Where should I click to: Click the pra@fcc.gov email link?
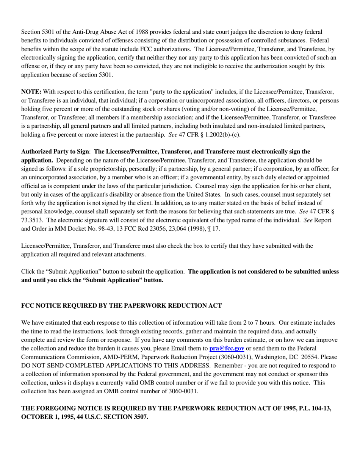(x=227, y=348)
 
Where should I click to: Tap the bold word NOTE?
(x=31, y=92)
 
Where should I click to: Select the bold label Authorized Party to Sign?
(x=55, y=152)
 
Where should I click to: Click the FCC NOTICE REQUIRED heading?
(x=121, y=305)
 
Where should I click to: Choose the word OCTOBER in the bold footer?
(x=35, y=417)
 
